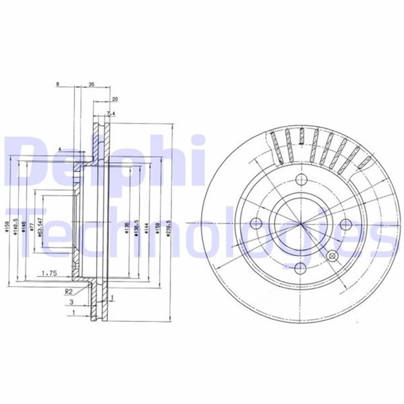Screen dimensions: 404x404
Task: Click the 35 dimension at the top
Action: point(92,84)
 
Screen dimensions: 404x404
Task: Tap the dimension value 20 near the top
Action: point(114,99)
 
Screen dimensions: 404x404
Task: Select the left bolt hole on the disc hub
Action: point(256,223)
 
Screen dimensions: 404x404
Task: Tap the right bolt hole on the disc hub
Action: point(347,223)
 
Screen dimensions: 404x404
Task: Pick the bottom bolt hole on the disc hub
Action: point(300,268)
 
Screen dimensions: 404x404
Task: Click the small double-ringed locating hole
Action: point(333,256)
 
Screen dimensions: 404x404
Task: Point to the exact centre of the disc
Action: point(301,223)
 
